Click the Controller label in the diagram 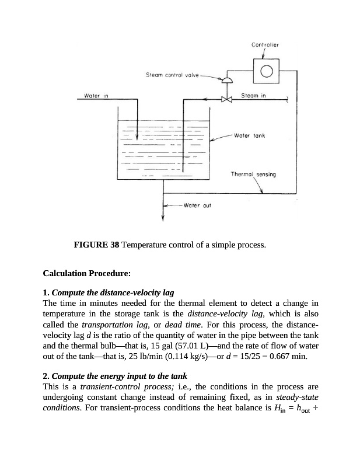[265, 44]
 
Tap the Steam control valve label [172, 75]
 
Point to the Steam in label [253, 95]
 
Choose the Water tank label [249, 135]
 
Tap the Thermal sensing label [253, 174]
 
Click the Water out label [197, 205]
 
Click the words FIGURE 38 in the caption [96, 245]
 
